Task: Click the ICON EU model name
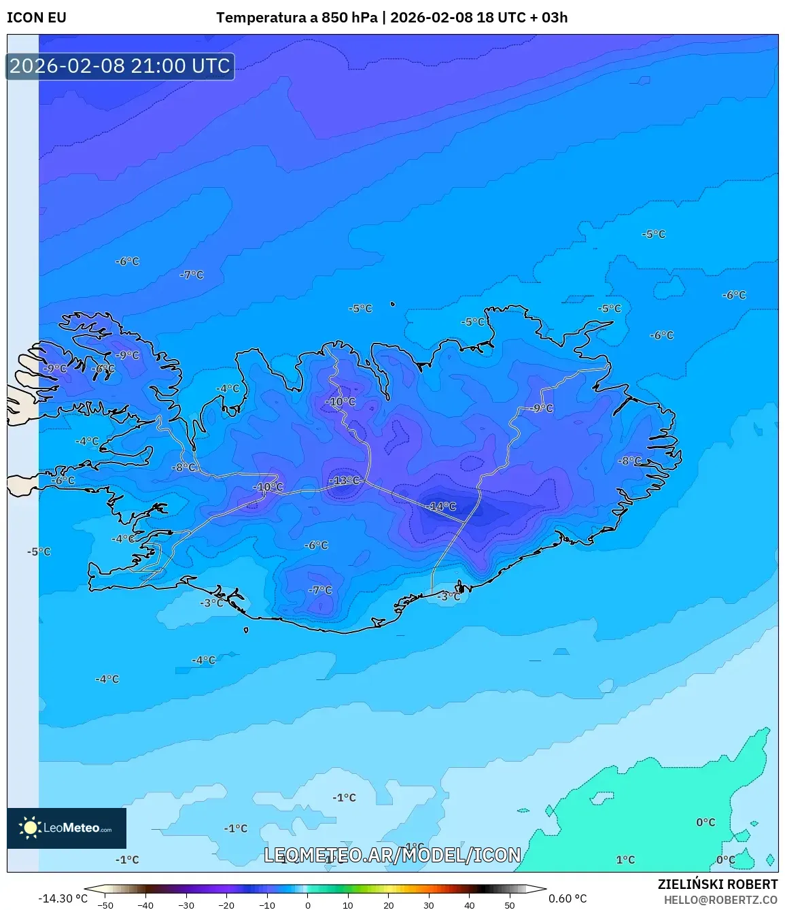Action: (x=37, y=18)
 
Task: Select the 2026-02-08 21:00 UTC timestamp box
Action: (x=120, y=66)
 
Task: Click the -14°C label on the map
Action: (x=442, y=507)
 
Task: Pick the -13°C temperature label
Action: (x=345, y=481)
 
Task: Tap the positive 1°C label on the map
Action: (x=625, y=860)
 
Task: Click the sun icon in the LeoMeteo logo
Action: (x=30, y=828)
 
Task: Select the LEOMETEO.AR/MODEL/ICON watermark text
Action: (x=392, y=855)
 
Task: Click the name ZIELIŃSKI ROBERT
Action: (x=717, y=884)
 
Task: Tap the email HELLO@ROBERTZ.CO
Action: (x=720, y=900)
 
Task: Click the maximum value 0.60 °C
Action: (x=568, y=898)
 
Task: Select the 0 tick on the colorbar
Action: (x=308, y=905)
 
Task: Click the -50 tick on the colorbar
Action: (x=105, y=905)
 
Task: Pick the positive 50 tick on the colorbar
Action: (x=510, y=905)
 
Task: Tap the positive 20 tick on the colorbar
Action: (x=389, y=905)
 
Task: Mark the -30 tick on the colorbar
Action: (x=186, y=905)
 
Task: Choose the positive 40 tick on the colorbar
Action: (x=470, y=905)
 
